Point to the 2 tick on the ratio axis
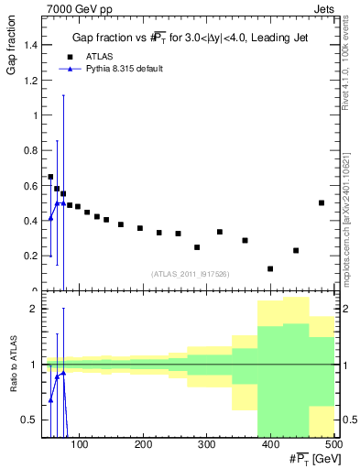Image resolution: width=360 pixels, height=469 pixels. (x=34, y=309)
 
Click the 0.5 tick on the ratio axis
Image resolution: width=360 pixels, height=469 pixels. (x=30, y=420)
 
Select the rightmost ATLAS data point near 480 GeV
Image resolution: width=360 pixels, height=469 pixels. (x=322, y=202)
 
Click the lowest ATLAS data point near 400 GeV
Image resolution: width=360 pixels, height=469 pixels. (x=270, y=268)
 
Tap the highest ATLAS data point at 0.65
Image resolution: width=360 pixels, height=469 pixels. (x=50, y=177)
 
